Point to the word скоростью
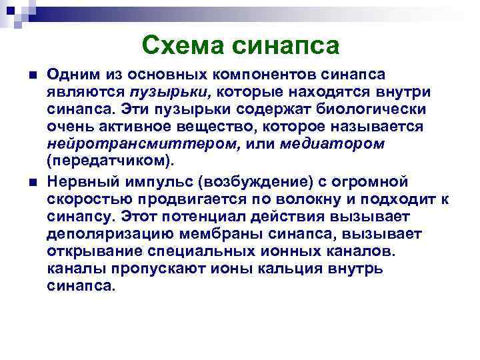coord(91,200)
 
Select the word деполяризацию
coord(115,235)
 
